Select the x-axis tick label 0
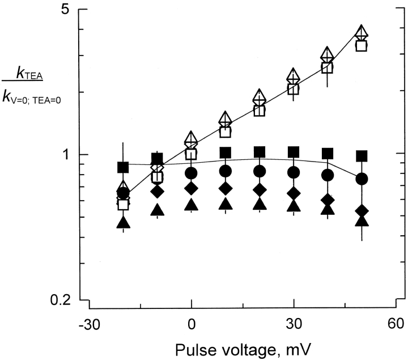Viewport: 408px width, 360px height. [x=192, y=325]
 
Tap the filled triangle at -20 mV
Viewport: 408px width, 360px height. [x=124, y=222]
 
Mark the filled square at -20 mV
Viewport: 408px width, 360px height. [x=124, y=167]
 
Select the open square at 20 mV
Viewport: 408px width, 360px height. [x=260, y=110]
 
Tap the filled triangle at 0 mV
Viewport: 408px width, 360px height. [x=192, y=205]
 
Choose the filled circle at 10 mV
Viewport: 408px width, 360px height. [x=226, y=171]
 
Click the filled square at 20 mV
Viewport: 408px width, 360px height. [x=260, y=152]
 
